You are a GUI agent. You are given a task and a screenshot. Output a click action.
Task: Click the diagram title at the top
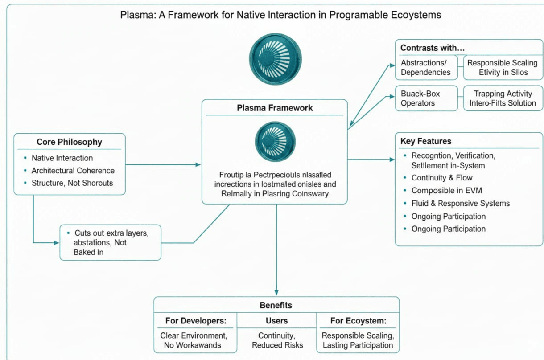280,15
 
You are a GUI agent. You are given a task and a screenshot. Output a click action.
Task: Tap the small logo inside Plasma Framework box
275,141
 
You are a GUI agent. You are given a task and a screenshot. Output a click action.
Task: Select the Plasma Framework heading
275,108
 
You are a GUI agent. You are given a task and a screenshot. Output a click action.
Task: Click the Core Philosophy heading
69,142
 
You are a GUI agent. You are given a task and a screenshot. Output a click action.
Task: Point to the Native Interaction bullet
62,158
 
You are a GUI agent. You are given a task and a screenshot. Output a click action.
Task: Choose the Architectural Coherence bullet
73,170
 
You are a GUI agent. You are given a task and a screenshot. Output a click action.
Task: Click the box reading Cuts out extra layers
110,242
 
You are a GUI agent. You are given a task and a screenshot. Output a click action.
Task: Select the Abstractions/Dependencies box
426,67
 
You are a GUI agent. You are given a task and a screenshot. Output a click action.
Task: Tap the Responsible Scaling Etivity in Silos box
503,67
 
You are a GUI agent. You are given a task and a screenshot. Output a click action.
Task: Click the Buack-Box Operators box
426,98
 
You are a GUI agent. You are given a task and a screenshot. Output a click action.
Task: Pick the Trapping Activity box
503,98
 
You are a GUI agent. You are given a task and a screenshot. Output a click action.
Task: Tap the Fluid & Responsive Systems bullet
460,203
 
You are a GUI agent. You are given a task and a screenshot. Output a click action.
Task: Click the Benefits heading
276,305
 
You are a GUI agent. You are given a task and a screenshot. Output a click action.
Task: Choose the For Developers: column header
195,321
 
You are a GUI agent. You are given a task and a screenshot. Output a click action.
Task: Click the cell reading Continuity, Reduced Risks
277,340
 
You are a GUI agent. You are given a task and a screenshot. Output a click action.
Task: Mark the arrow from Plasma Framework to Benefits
276,250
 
